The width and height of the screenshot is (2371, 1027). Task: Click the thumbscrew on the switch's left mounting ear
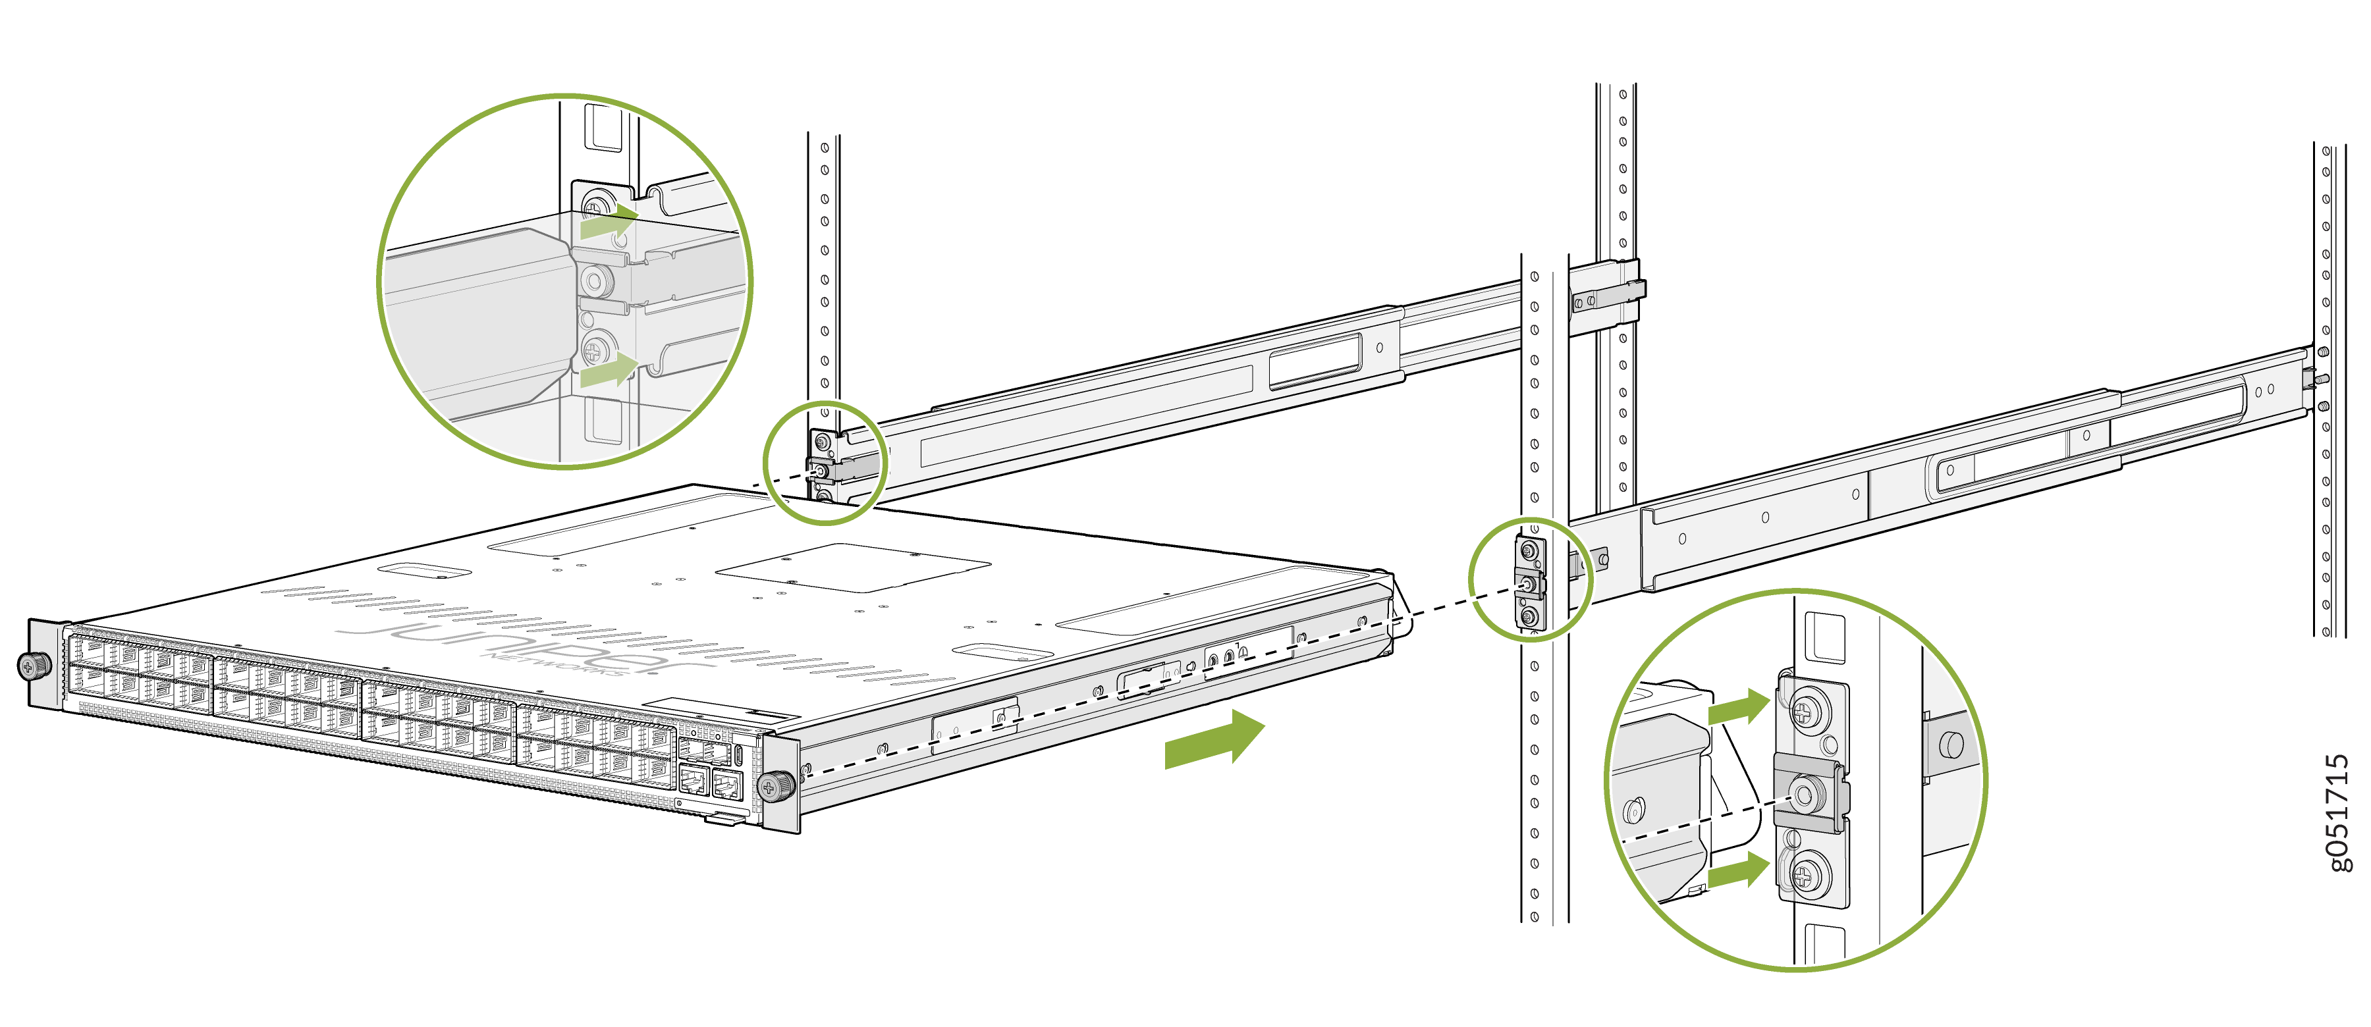pos(34,664)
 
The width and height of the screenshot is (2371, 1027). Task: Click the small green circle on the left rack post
pos(824,463)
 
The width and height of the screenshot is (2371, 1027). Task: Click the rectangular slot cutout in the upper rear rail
pos(1315,361)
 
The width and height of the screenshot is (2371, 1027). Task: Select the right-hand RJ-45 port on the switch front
pos(727,785)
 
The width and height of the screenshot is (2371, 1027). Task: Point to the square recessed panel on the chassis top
pos(852,567)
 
